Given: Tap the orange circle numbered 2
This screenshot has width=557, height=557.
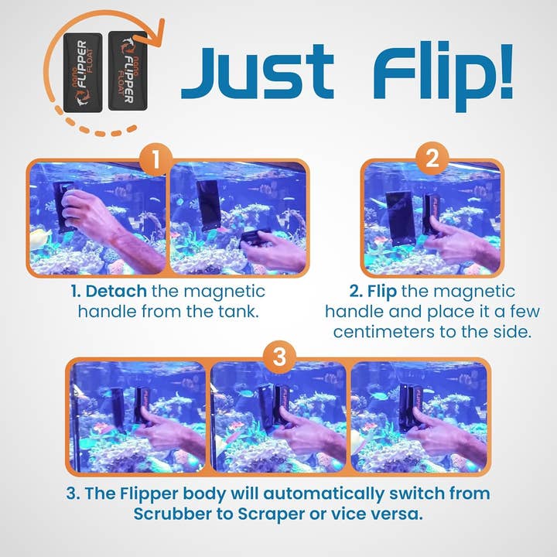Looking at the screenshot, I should click(432, 160).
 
